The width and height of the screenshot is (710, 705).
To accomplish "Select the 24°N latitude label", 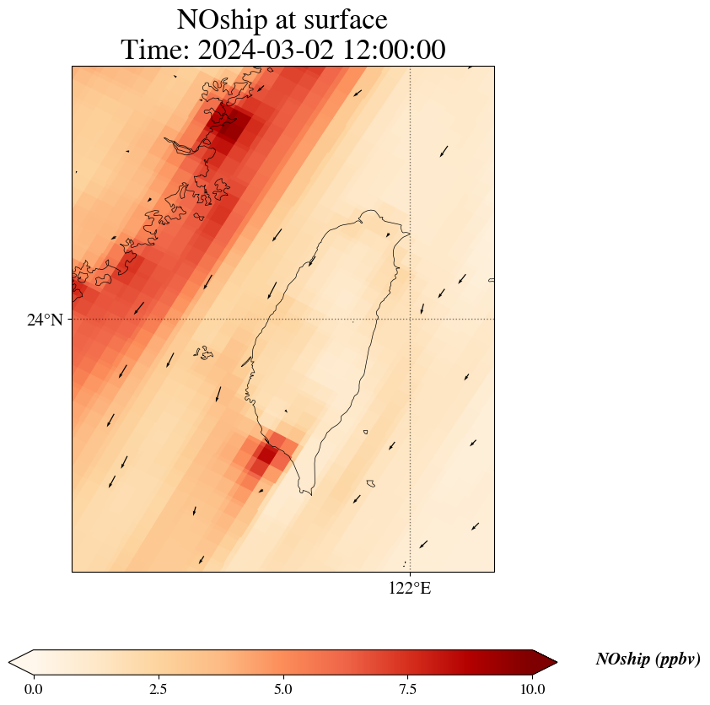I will tap(45, 320).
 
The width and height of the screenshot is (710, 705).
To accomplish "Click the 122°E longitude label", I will tap(410, 589).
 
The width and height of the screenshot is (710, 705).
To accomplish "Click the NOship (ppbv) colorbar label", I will tap(648, 659).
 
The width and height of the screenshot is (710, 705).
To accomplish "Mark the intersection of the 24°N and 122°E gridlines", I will tap(411, 319).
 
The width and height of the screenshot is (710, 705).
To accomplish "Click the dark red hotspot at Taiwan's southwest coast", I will tap(266, 455).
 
